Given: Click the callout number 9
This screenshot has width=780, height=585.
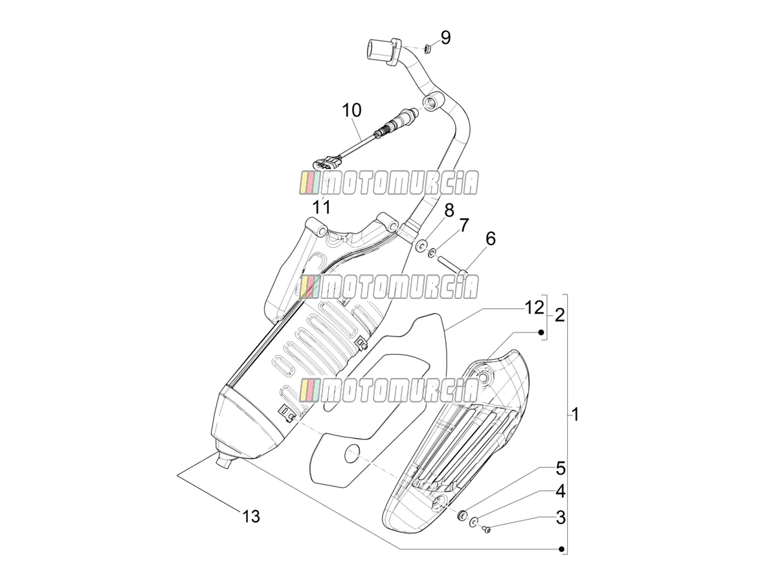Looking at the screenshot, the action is tap(445, 38).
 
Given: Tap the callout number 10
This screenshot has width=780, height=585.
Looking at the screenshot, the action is tap(351, 110).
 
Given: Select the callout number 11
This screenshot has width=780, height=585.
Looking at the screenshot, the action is tap(322, 206).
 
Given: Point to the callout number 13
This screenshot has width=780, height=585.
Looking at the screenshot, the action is tap(251, 516).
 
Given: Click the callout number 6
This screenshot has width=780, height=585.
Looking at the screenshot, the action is tap(491, 239).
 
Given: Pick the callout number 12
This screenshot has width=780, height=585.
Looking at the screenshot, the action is tap(535, 307).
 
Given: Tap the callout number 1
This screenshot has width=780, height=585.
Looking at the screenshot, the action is tap(575, 414).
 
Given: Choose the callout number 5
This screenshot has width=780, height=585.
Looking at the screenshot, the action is tap(561, 469).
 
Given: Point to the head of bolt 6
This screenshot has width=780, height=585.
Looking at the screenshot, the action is tap(463, 273).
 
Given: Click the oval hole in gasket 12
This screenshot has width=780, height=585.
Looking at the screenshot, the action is tap(353, 454).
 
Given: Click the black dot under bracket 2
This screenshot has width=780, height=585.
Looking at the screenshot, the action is tap(541, 333).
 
